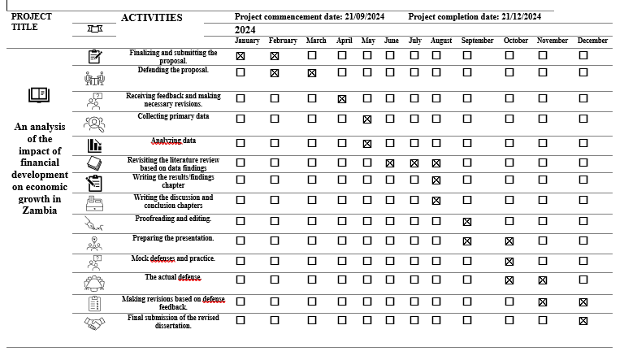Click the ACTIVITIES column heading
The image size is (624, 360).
pyautogui.click(x=152, y=18)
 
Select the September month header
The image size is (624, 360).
pyautogui.click(x=477, y=41)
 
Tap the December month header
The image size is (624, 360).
pyautogui.click(x=592, y=41)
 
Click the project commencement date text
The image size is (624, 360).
pyautogui.click(x=310, y=16)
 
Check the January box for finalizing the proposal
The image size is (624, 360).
pyautogui.click(x=240, y=55)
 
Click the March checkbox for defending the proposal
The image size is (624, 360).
pyautogui.click(x=312, y=72)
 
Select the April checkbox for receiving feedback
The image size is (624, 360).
pyautogui.click(x=342, y=98)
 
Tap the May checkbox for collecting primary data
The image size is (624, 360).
pyautogui.click(x=367, y=119)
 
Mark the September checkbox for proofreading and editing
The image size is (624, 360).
pyautogui.click(x=467, y=221)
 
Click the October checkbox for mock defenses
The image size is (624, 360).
pyautogui.click(x=509, y=262)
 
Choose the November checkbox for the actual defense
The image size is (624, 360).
pyautogui.click(x=543, y=280)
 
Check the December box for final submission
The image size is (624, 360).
pyautogui.click(x=583, y=321)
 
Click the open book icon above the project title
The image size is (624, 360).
pyautogui.click(x=39, y=95)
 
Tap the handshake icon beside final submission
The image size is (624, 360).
pyautogui.click(x=95, y=323)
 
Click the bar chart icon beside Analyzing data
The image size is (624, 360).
pyautogui.click(x=95, y=145)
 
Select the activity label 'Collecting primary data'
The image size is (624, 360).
pyautogui.click(x=173, y=116)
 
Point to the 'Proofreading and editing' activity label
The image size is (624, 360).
pyautogui.click(x=173, y=219)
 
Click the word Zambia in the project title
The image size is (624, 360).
pyautogui.click(x=40, y=210)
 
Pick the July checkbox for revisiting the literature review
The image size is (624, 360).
pyautogui.click(x=414, y=163)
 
